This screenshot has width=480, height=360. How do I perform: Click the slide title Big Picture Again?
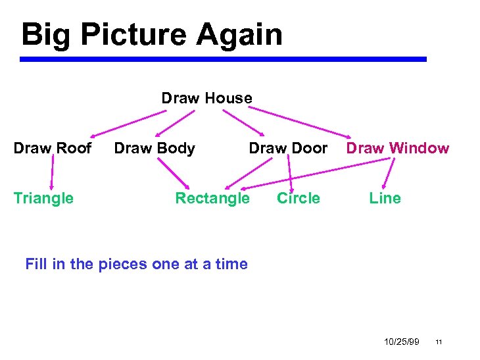point(152,34)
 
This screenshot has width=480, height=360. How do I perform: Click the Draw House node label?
point(206,98)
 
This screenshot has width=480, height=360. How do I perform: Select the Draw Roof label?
point(53,148)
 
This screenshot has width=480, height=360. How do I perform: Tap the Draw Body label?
point(155,148)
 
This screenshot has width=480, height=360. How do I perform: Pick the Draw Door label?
point(287,148)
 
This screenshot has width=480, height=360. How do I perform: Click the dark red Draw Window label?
point(397,148)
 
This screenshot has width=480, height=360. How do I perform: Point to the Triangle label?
point(43,198)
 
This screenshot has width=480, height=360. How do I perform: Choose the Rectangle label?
point(212,198)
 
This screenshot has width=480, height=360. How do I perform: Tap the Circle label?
point(299,198)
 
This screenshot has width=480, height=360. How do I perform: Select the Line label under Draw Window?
point(385,198)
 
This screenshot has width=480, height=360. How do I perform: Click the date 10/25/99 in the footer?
point(402,342)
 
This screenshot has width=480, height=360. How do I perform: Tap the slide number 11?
point(439,342)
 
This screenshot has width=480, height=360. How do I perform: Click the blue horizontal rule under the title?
point(224,59)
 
